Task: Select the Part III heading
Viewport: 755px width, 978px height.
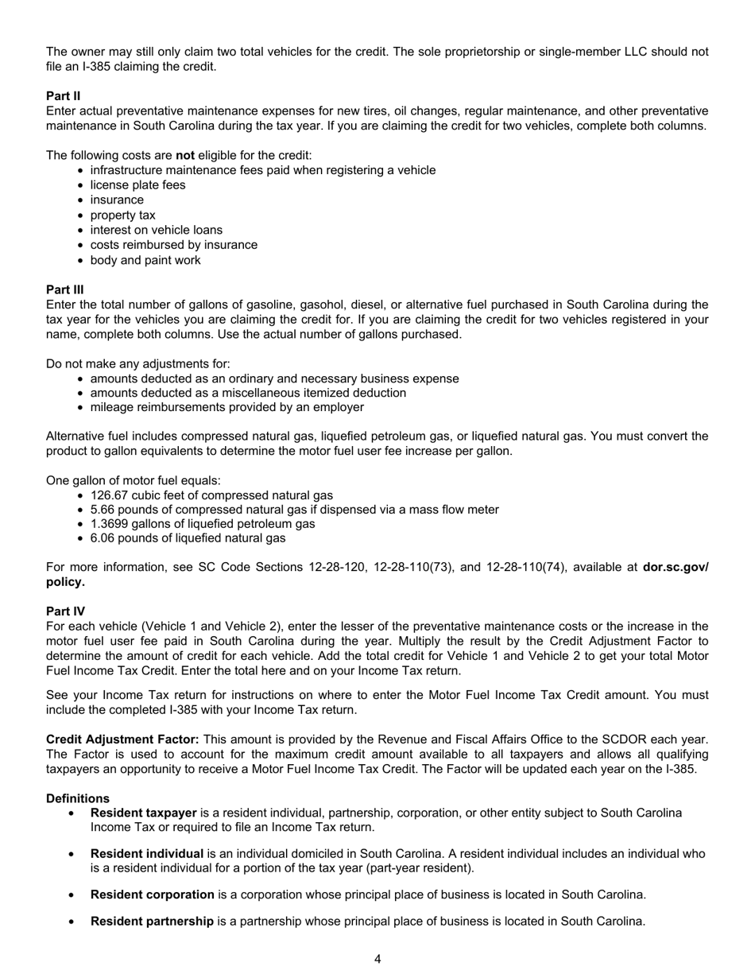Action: pyautogui.click(x=64, y=290)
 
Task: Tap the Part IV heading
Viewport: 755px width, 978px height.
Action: pyautogui.click(x=65, y=611)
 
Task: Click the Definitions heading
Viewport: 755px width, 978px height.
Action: pyautogui.click(x=78, y=798)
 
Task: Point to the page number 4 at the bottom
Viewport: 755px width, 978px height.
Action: pyautogui.click(x=377, y=959)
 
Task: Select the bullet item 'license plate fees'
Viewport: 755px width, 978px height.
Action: pyautogui.click(x=137, y=185)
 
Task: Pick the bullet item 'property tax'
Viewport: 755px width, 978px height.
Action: pyautogui.click(x=122, y=215)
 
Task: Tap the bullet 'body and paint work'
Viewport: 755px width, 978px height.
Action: pyautogui.click(x=145, y=260)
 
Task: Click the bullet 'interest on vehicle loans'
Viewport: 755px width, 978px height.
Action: pyautogui.click(x=156, y=230)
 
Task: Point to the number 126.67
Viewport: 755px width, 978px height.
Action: pyautogui.click(x=110, y=495)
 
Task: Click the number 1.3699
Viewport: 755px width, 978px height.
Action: pyautogui.click(x=110, y=524)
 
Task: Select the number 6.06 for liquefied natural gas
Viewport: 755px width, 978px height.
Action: pyautogui.click(x=103, y=538)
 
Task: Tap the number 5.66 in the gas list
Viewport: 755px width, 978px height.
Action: pyautogui.click(x=103, y=510)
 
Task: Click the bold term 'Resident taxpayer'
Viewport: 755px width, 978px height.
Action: pyautogui.click(x=143, y=813)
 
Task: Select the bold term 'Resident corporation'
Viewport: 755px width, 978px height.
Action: pyautogui.click(x=152, y=895)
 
